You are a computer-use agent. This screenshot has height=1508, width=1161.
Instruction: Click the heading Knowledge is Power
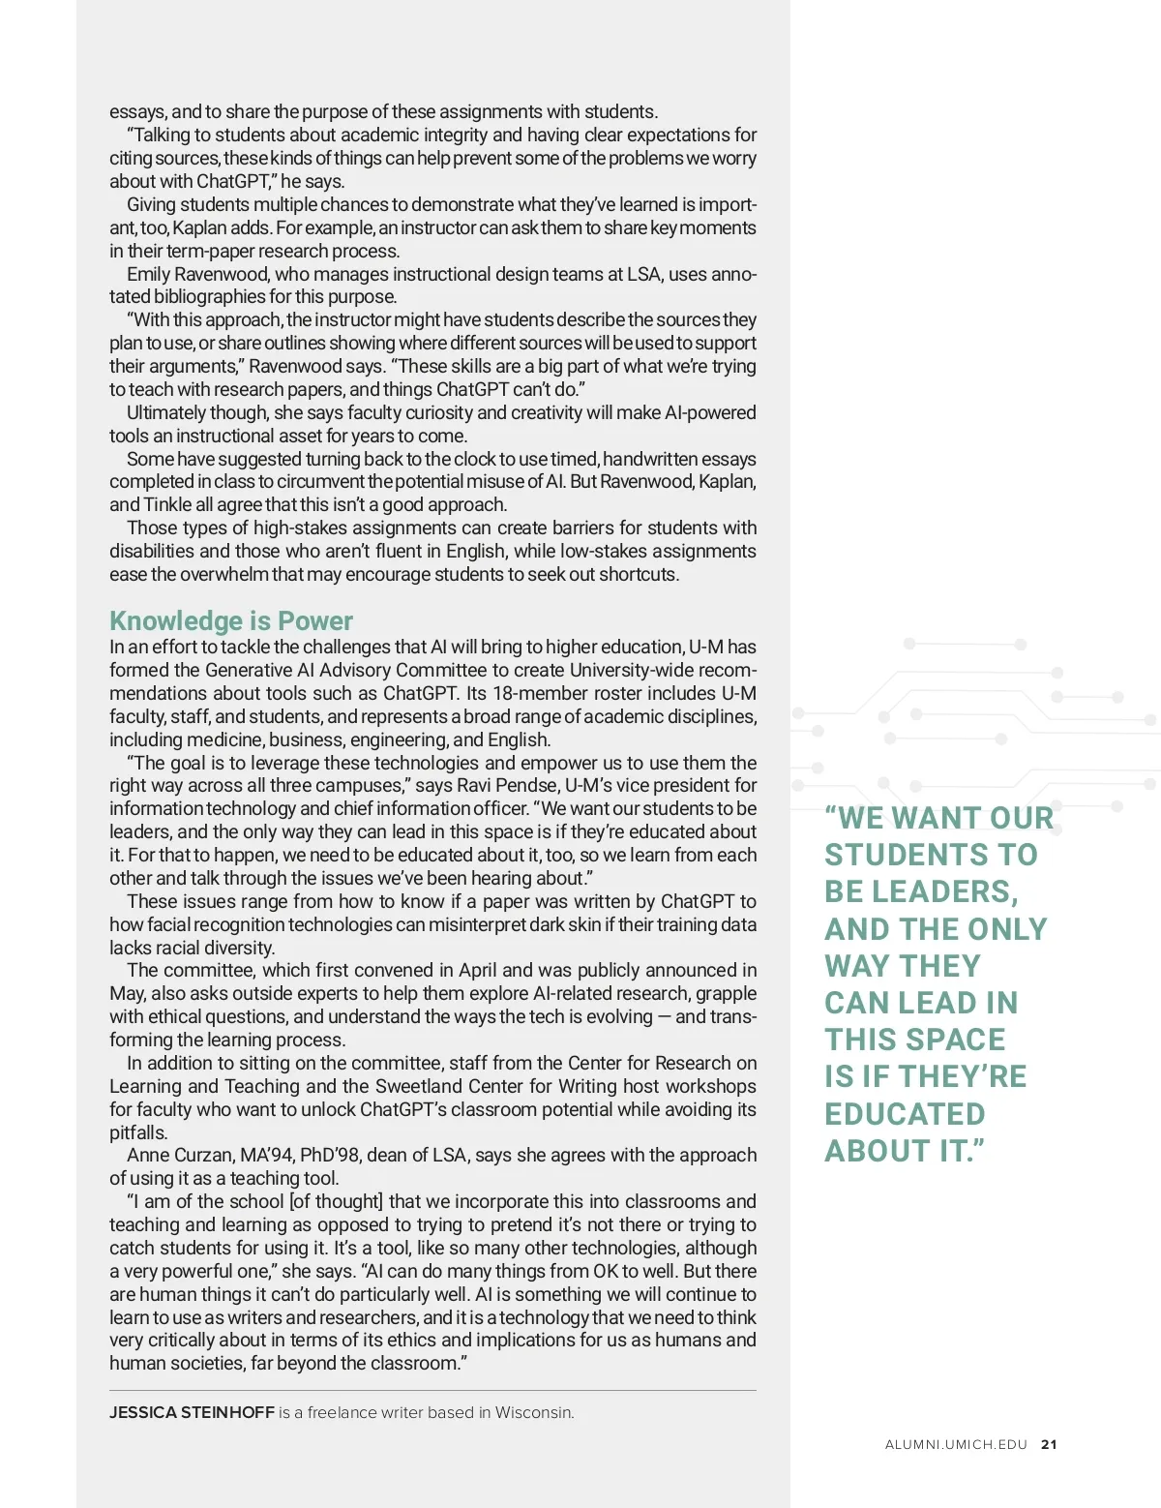pos(230,620)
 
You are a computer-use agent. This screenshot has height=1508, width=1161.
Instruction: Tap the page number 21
pos(1049,1444)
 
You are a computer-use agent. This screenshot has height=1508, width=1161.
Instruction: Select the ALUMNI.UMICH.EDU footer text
pos(956,1444)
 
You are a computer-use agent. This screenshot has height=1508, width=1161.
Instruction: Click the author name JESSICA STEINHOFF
pos(192,1412)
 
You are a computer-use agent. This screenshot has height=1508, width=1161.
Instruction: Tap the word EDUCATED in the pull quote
pos(905,1114)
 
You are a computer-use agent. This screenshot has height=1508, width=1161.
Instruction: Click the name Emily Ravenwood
pos(197,274)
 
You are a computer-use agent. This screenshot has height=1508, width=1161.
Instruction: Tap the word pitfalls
pos(138,1132)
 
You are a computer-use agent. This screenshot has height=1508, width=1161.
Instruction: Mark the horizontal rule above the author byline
pos(432,1391)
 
